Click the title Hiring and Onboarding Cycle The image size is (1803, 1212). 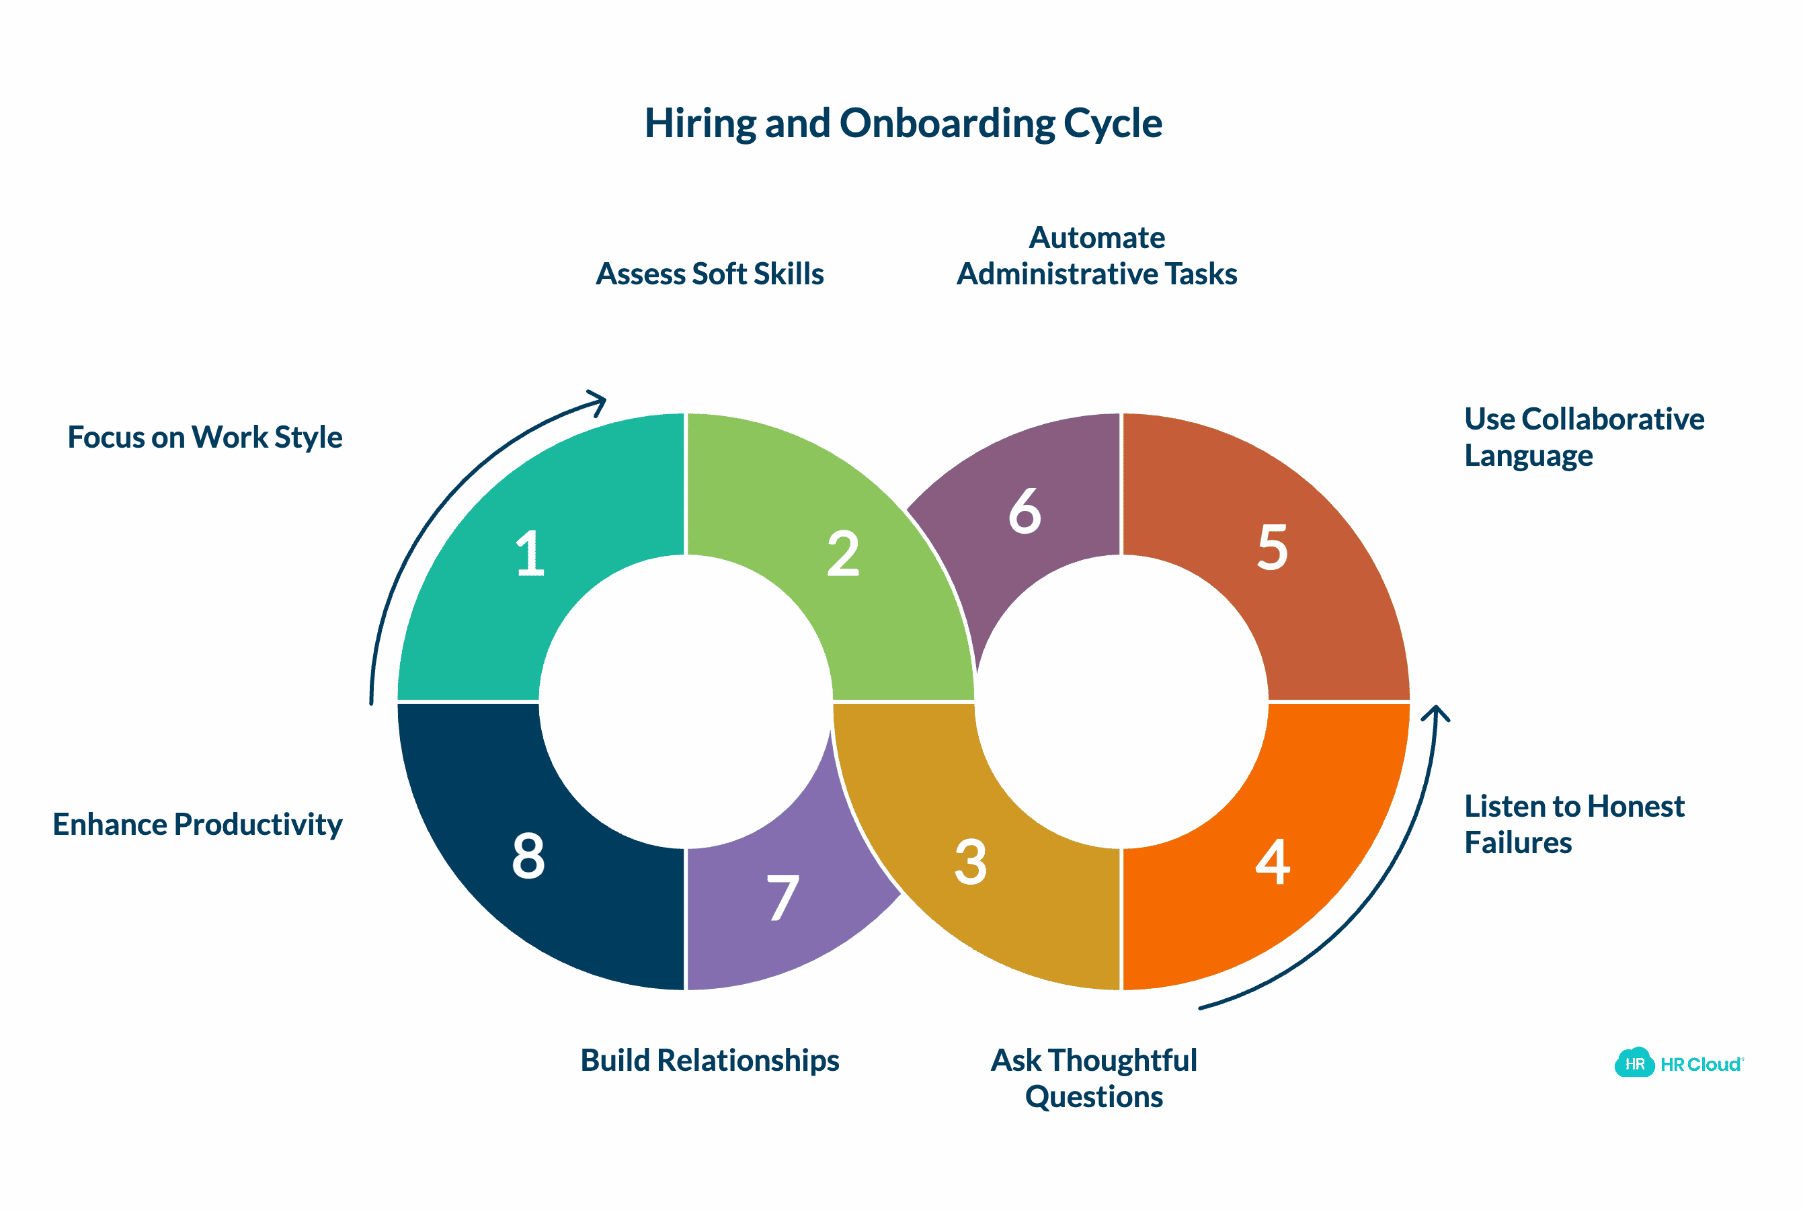903,123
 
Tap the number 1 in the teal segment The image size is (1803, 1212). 530,553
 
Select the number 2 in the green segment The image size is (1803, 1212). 842,553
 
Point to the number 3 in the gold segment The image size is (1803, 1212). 970,862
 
